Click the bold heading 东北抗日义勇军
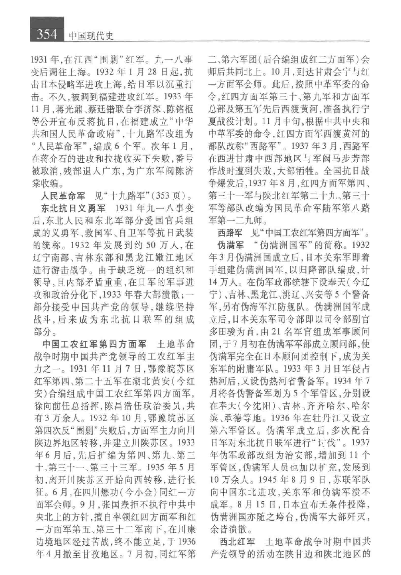[73, 208]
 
